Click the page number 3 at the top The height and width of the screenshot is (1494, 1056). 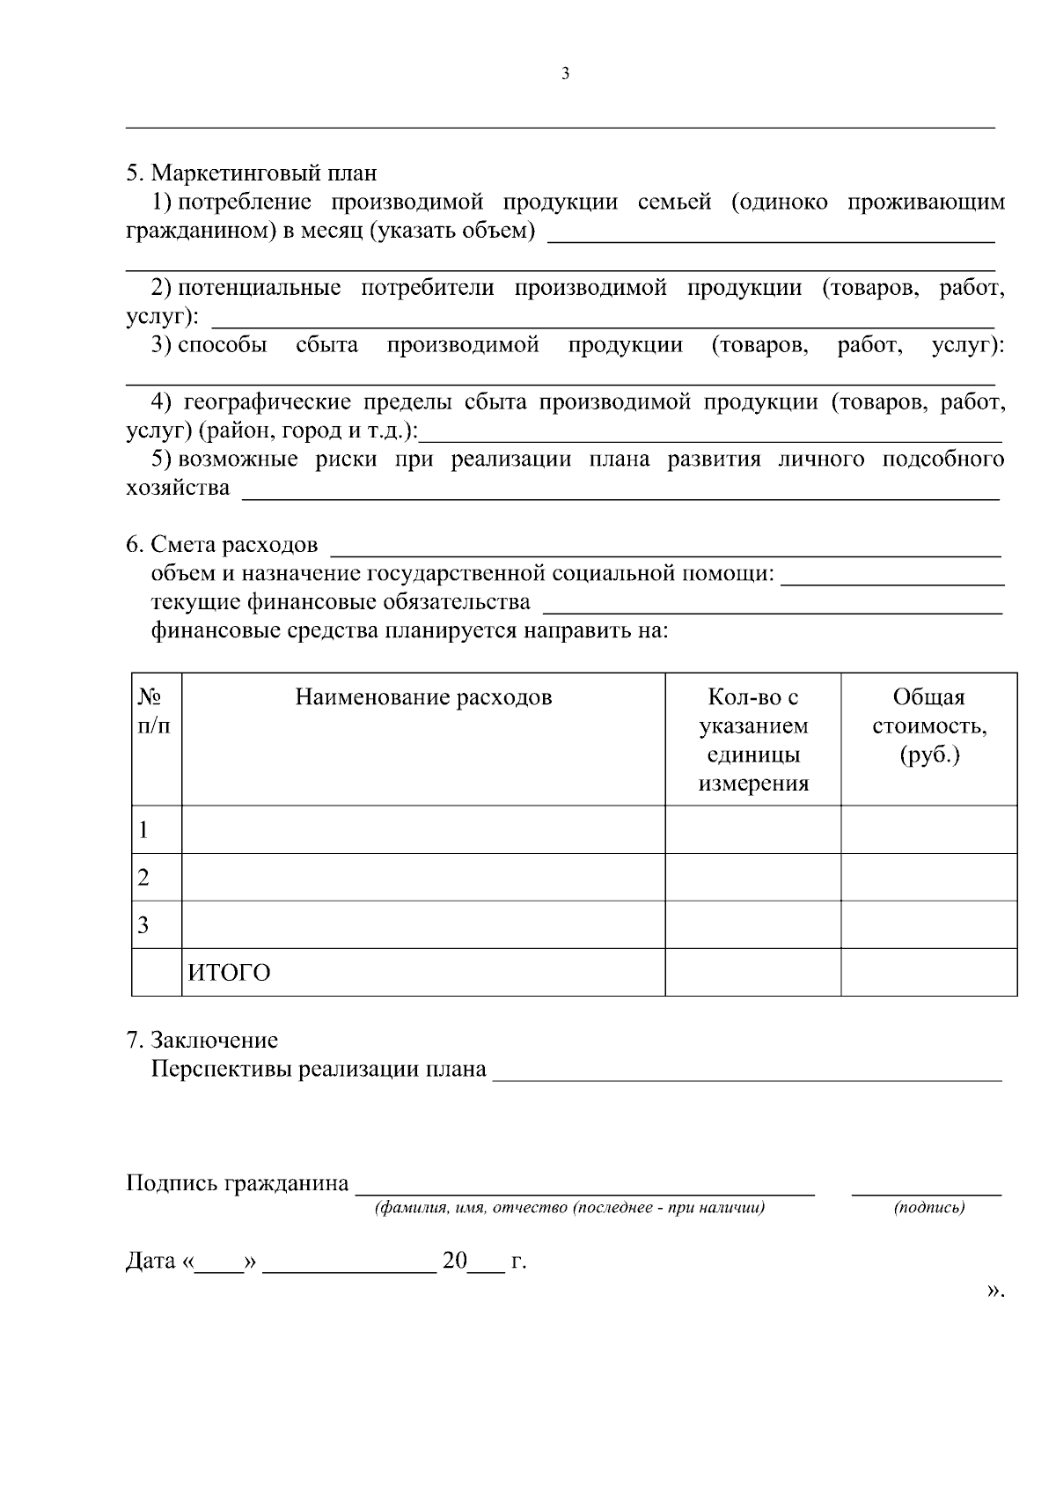[x=565, y=74]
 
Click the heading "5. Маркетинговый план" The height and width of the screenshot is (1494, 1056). [x=251, y=173]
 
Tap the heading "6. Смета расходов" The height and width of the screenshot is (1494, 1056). [x=222, y=545]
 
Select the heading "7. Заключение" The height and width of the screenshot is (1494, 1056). [x=202, y=1040]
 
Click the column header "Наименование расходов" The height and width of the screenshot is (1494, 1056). [x=423, y=697]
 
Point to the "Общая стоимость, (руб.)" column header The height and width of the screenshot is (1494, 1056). [x=928, y=726]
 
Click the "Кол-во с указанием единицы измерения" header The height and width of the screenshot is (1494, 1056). [x=753, y=740]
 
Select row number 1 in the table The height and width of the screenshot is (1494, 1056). [x=143, y=829]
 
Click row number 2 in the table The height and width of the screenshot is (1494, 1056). [x=143, y=877]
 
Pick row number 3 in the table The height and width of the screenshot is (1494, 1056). [x=143, y=924]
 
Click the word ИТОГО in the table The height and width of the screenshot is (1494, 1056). [x=229, y=973]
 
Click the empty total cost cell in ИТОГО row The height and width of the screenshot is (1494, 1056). [x=928, y=972]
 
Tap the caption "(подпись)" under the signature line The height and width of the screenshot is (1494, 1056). [x=929, y=1208]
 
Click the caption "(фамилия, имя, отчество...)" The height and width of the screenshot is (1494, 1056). [x=569, y=1208]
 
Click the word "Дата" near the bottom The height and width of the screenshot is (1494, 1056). [x=150, y=1261]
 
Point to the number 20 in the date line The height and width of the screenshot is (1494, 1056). [x=455, y=1261]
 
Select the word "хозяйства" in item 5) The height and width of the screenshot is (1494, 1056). [x=178, y=488]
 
